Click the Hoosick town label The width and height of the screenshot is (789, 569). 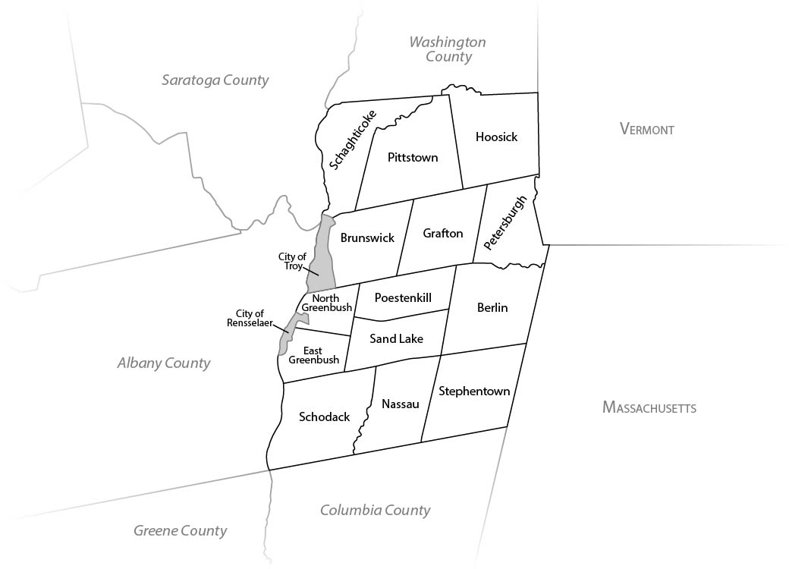(x=496, y=137)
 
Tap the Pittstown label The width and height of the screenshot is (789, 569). (x=413, y=158)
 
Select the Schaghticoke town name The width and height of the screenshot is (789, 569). (x=352, y=138)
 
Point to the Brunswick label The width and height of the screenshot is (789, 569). (x=367, y=237)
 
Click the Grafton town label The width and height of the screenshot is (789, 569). (x=442, y=233)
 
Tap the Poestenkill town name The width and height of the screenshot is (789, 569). (x=403, y=297)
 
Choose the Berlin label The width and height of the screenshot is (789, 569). (x=492, y=307)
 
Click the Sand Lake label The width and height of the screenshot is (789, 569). (x=396, y=338)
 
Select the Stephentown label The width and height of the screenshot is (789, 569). (x=474, y=391)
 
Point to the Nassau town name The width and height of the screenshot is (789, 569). (x=401, y=404)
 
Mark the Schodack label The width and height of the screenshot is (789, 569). (x=324, y=417)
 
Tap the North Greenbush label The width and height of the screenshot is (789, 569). (x=325, y=303)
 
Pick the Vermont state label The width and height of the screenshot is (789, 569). (x=646, y=129)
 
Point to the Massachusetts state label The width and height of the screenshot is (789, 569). (x=649, y=407)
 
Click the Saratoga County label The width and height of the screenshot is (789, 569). (x=215, y=80)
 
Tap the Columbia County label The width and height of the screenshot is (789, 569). (x=375, y=510)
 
